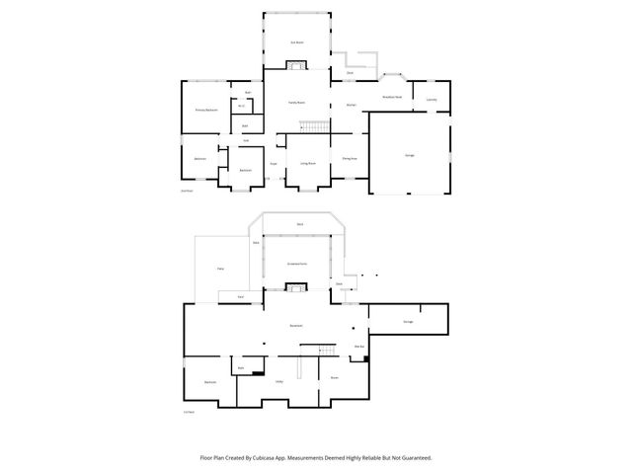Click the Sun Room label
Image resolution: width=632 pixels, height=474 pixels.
(x=296, y=42)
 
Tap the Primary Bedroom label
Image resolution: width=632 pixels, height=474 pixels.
(x=206, y=110)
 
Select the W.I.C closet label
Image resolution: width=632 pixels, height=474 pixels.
(x=241, y=106)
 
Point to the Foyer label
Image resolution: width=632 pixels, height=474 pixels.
(x=274, y=163)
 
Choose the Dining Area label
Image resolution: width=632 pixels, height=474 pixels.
(x=350, y=158)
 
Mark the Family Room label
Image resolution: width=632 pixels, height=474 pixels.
(x=296, y=103)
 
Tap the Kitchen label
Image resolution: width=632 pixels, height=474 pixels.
(x=350, y=104)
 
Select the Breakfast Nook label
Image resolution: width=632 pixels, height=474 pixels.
(x=391, y=97)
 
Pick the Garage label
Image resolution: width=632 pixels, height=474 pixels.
(x=409, y=156)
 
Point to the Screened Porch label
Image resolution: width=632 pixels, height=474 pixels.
(x=296, y=264)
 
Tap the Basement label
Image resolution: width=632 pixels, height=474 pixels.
(x=295, y=325)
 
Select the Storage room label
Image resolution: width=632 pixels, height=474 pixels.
(x=409, y=322)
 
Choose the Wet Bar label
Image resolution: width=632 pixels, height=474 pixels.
(x=359, y=346)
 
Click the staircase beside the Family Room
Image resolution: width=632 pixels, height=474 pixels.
(x=315, y=128)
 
